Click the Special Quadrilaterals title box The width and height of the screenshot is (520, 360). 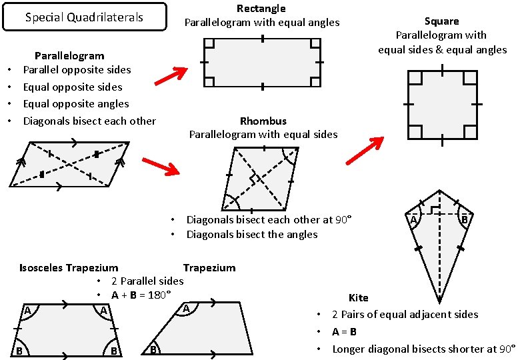84,17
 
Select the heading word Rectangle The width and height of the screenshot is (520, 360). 261,9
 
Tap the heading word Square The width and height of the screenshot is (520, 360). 442,21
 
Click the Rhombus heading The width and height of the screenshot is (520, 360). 263,121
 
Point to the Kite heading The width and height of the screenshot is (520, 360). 358,297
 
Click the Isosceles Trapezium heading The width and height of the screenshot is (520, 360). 69,268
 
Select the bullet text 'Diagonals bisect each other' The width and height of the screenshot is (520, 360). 89,121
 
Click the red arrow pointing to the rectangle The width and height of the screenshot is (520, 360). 172,76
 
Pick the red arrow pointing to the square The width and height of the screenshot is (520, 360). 365,150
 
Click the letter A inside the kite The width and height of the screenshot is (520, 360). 413,220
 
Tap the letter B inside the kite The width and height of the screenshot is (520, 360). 465,220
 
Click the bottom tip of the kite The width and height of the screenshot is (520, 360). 439,302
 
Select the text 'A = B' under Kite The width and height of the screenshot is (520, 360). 344,331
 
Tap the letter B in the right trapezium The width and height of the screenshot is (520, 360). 153,349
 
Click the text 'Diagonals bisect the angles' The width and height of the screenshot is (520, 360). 252,234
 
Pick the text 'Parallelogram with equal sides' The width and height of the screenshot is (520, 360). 263,134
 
